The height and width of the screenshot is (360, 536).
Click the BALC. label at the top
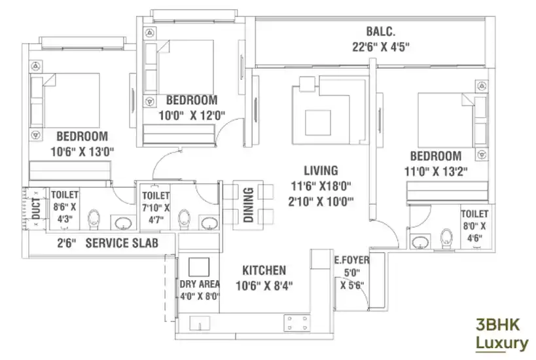[x=380, y=31]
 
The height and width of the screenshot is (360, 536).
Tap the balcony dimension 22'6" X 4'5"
[x=381, y=47]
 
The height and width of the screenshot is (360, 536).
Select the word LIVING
[x=321, y=170]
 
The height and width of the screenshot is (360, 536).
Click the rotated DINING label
[x=249, y=205]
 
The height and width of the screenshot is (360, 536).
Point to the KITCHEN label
[x=264, y=270]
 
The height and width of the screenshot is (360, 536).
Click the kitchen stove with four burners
[x=297, y=323]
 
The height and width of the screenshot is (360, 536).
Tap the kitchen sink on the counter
[x=200, y=323]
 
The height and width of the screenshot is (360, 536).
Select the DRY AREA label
[x=200, y=284]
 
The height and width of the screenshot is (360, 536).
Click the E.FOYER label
[x=351, y=260]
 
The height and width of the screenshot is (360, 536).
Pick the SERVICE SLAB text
[x=122, y=243]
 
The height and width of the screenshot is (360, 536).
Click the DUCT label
[x=36, y=209]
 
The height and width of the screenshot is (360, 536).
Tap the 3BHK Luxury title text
[x=502, y=334]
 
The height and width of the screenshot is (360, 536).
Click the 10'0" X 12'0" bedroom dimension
[x=192, y=116]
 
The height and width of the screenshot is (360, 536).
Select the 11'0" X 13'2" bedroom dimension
[x=436, y=171]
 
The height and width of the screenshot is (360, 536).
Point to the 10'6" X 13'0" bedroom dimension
[x=82, y=151]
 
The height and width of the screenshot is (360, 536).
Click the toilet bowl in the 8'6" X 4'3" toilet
[x=94, y=219]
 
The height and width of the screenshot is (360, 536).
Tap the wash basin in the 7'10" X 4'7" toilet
[x=209, y=223]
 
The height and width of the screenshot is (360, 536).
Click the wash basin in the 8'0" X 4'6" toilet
[x=420, y=242]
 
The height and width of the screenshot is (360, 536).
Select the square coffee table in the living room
[x=318, y=123]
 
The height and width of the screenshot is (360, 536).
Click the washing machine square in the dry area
[x=199, y=267]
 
